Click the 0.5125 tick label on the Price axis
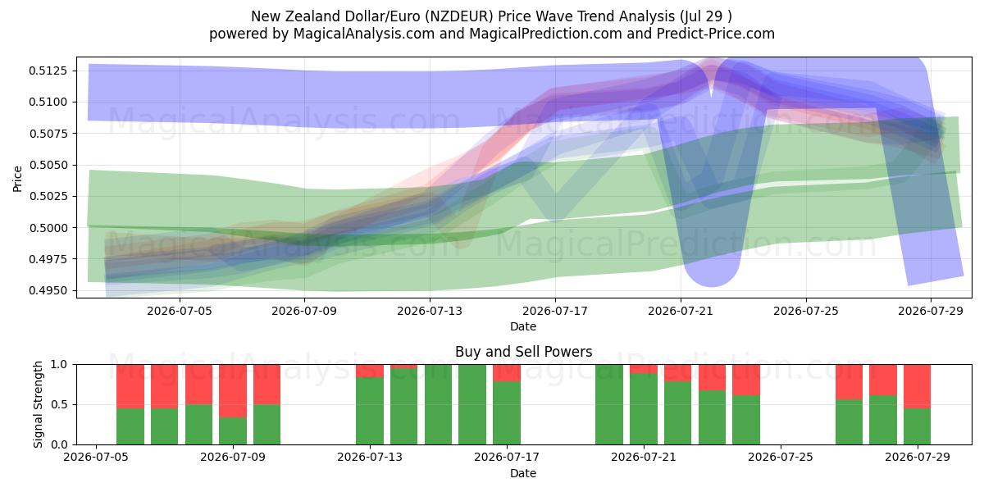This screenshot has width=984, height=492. pos(48,71)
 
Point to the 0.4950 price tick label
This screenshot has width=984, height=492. pos(48,291)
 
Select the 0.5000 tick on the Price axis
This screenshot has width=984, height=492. pos(48,228)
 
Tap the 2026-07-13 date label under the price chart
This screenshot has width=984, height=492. pos(430,311)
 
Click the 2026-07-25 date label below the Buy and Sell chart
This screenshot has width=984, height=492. pos(781,457)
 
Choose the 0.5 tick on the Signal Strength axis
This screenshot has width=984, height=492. pos(59,404)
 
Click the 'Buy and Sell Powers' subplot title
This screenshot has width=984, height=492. pos(524,352)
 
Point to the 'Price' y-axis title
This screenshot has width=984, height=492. pos(17,179)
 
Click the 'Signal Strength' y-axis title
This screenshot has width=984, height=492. pos(39,404)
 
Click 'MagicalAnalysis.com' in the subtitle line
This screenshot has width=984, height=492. pos(364,34)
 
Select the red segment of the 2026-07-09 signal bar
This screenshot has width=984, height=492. pos(233,391)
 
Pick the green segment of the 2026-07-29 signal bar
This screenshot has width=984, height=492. pos(918,426)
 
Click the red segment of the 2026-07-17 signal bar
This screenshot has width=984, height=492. pos(507,373)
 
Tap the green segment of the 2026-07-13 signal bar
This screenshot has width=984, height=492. pos(370,411)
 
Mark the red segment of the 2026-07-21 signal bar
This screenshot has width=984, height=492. pos(644,369)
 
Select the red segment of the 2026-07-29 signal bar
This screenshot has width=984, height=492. pos(918,386)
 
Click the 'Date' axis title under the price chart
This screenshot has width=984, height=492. pos(523,326)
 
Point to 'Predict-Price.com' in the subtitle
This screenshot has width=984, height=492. pos(716,34)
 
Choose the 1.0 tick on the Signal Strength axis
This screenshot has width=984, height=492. pos(59,365)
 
